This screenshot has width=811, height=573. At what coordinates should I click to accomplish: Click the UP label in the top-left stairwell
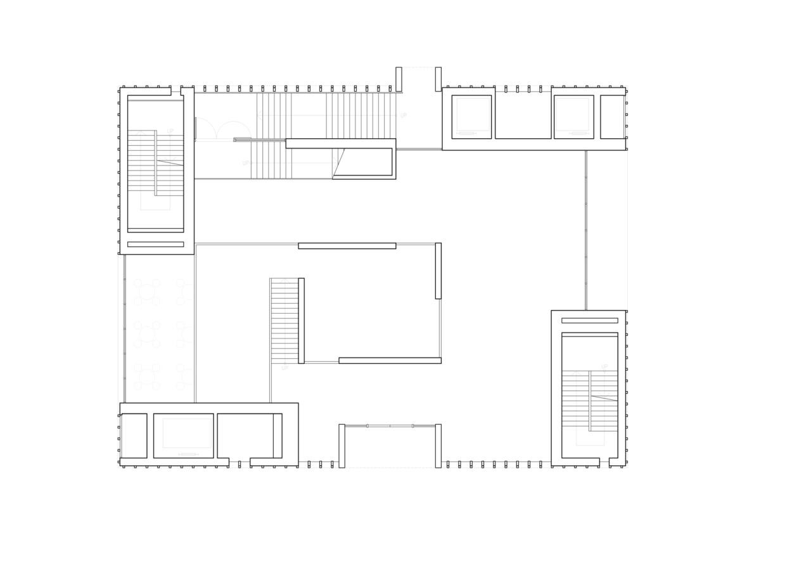click(x=170, y=131)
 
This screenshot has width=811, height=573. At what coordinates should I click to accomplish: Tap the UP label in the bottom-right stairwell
click(x=604, y=367)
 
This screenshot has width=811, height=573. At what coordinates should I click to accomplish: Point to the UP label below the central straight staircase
click(x=284, y=368)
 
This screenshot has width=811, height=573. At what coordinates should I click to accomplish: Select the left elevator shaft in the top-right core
click(x=471, y=116)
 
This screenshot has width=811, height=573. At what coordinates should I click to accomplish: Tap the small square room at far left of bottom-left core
click(x=134, y=435)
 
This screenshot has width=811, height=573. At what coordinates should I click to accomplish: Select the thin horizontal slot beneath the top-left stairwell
click(x=155, y=244)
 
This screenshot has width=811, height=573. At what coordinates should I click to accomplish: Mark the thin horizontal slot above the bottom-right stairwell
click(x=589, y=321)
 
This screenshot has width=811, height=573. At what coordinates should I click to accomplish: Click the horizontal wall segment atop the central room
click(x=347, y=246)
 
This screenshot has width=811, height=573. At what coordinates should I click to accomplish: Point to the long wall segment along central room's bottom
click(x=390, y=361)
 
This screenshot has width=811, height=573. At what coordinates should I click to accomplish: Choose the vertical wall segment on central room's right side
click(x=438, y=271)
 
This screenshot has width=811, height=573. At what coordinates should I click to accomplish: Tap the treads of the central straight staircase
click(x=284, y=321)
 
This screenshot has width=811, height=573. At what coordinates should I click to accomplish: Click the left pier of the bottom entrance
click(x=342, y=446)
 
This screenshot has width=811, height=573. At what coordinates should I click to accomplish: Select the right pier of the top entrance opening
click(x=438, y=79)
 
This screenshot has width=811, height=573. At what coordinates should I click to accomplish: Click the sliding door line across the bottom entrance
click(x=390, y=426)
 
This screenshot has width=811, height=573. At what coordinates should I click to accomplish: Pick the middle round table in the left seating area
click(x=147, y=334)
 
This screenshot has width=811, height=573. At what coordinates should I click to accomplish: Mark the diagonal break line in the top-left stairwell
click(x=170, y=163)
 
